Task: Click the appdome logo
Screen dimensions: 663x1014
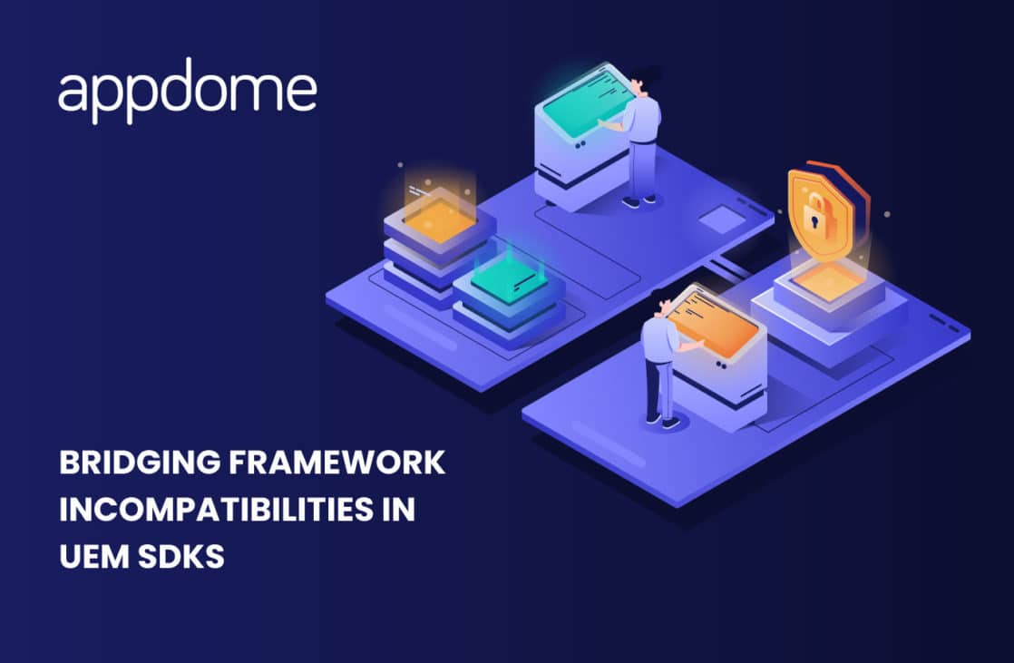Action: [x=188, y=92]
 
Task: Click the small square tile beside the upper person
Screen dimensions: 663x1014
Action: [x=722, y=219]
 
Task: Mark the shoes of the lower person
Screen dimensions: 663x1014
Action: [x=661, y=420]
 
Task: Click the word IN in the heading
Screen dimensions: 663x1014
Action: [x=395, y=509]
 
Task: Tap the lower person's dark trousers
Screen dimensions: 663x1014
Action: [x=659, y=385]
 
